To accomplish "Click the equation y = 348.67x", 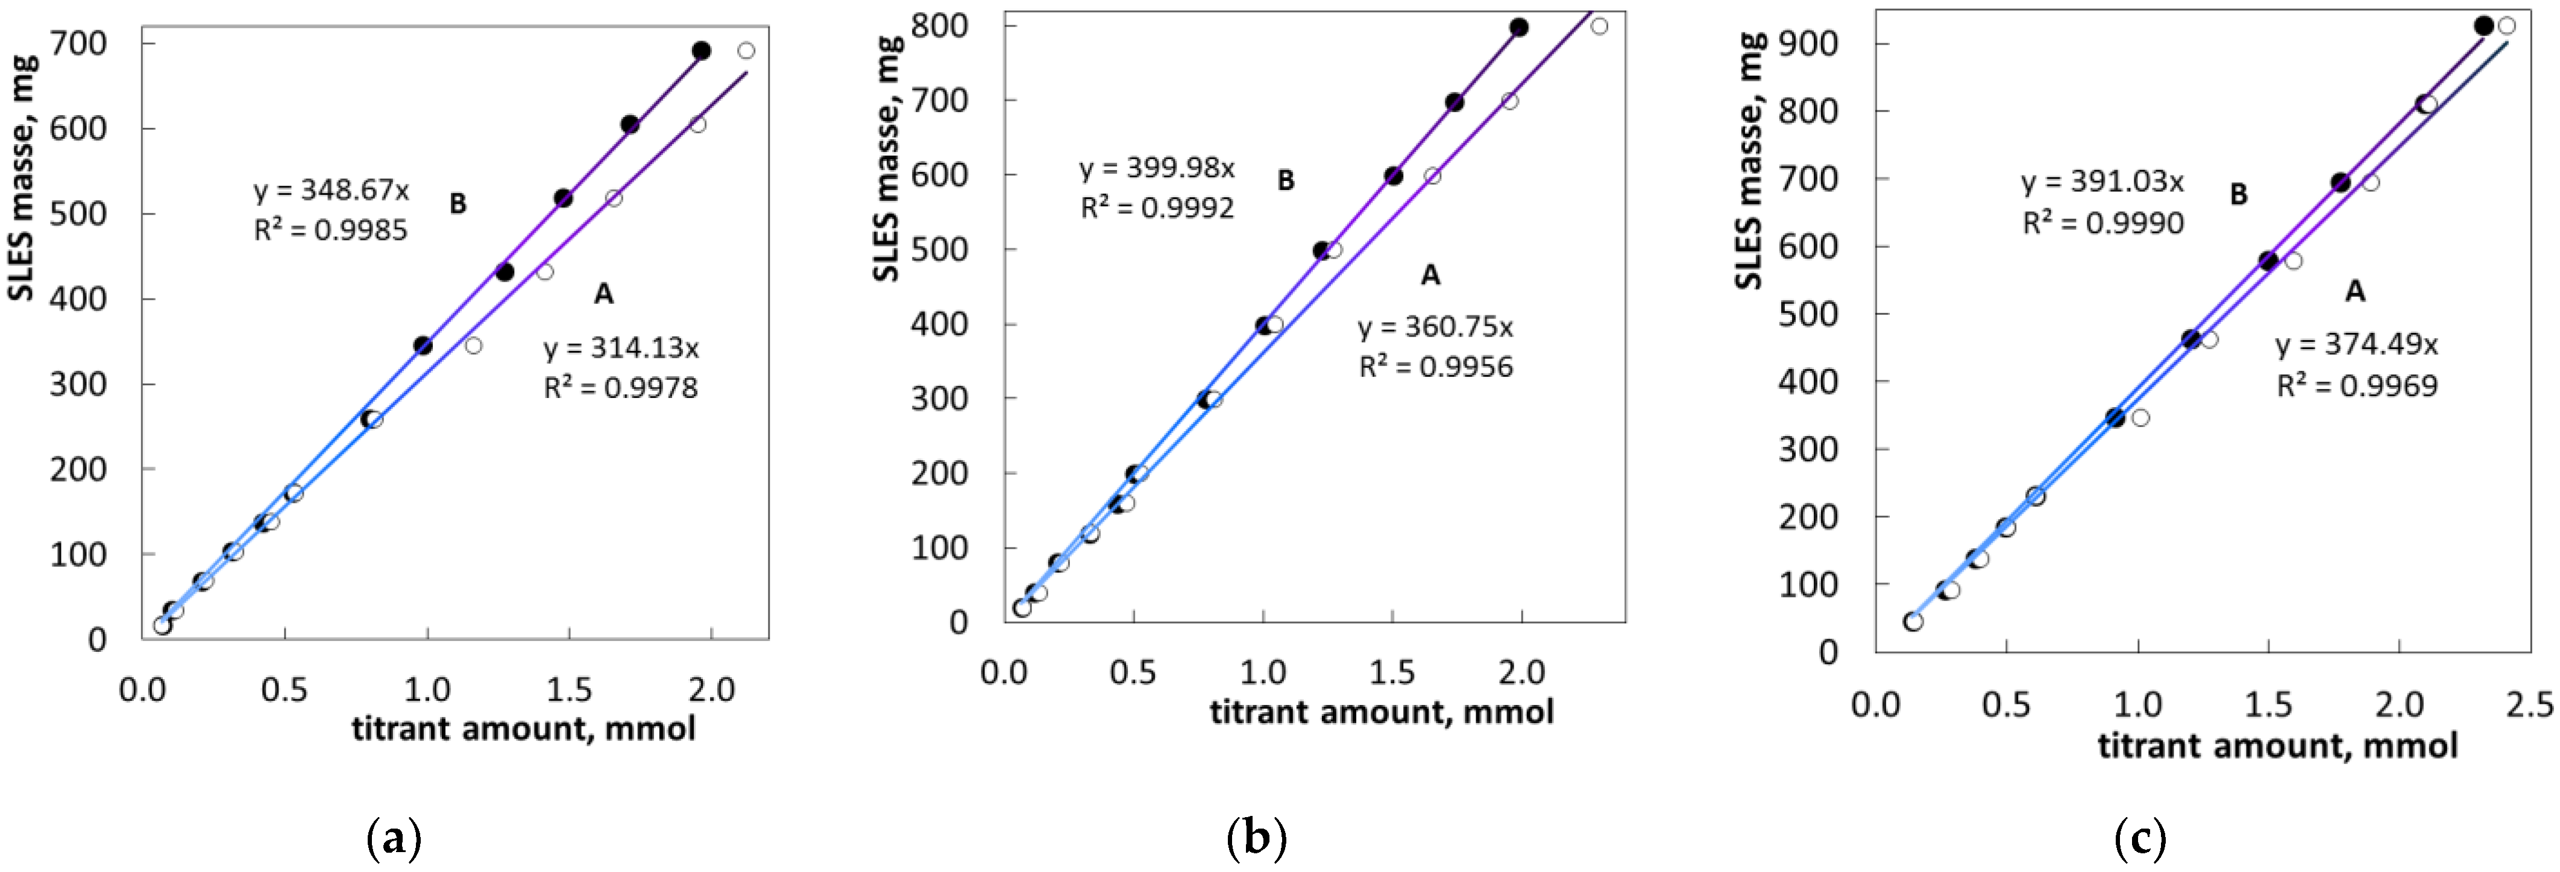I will [x=331, y=190].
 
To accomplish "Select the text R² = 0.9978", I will [x=620, y=388].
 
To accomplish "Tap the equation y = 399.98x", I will [x=1157, y=168].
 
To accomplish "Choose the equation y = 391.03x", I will [x=2103, y=183].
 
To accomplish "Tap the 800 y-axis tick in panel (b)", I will [x=941, y=26].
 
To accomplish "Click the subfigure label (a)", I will [x=395, y=840].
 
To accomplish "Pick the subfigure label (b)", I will [x=1257, y=840].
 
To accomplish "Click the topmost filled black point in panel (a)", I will [x=702, y=51].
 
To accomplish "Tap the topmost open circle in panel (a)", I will [x=746, y=51].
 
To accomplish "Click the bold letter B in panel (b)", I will [x=1286, y=181].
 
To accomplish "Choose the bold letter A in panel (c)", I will [x=2354, y=291].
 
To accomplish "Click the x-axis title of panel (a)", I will [x=524, y=729].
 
